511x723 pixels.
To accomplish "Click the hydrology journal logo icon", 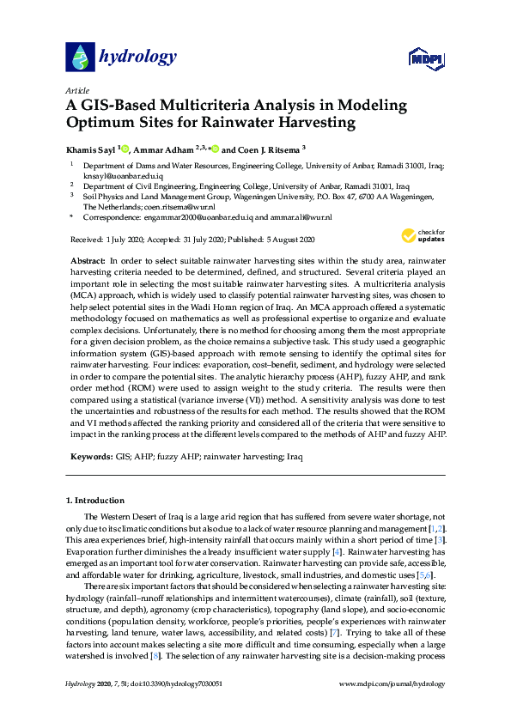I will tap(80, 57).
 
